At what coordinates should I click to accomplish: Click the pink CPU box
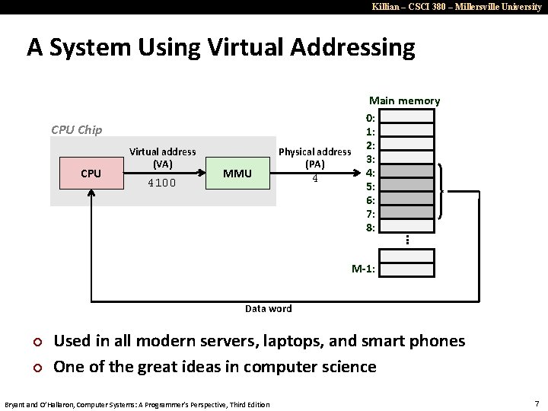[91, 174]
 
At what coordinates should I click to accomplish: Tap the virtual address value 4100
[162, 183]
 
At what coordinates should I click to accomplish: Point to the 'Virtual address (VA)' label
[162, 158]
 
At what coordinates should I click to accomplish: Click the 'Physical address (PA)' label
[314, 158]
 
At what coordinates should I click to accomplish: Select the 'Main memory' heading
[404, 100]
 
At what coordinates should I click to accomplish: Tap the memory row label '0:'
[369, 118]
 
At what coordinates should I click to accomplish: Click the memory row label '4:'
[369, 172]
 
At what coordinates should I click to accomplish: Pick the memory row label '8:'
[369, 227]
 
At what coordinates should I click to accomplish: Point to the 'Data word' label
[268, 308]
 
